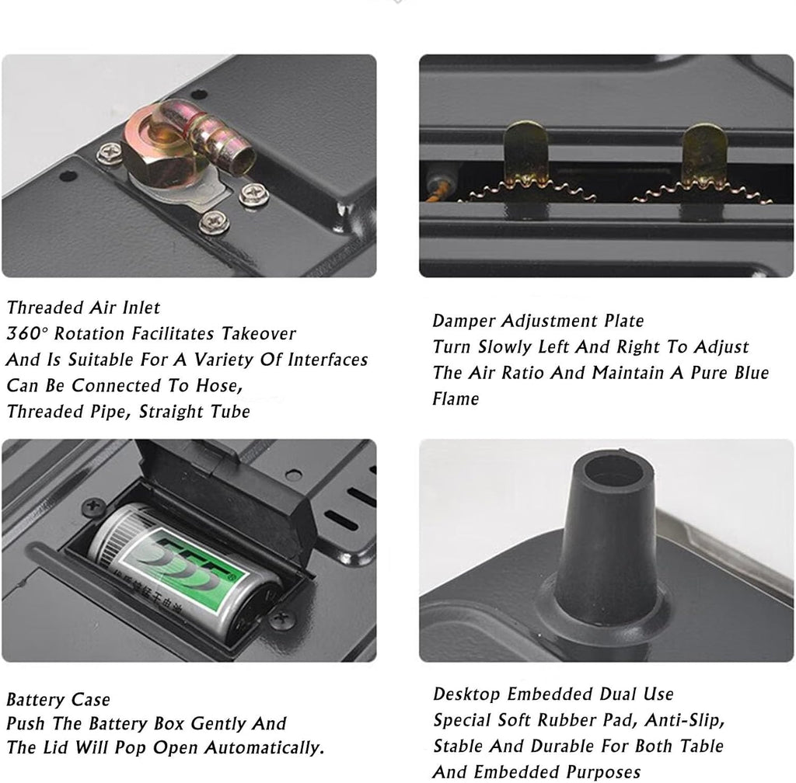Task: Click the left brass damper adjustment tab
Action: tap(525, 152)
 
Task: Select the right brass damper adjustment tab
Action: tap(703, 154)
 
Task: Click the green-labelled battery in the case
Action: tap(183, 571)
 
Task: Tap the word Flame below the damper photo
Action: tap(456, 398)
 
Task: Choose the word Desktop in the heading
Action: tap(467, 694)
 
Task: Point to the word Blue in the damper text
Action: tap(752, 373)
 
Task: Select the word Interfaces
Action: tap(328, 360)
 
